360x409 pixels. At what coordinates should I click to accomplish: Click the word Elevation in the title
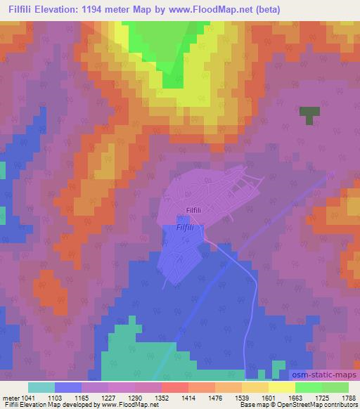pos(61,10)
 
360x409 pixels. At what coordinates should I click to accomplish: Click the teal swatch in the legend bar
pos(41,387)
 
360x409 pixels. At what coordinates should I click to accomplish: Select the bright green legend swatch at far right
pos(335,387)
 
